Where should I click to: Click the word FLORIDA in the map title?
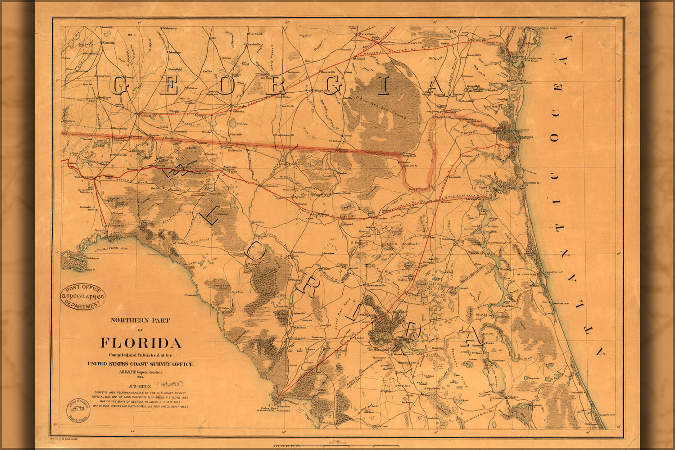[x=140, y=343]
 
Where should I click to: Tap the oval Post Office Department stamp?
[x=83, y=297]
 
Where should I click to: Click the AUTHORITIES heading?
[x=140, y=386]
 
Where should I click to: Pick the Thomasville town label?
[x=145, y=116]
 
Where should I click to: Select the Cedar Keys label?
[x=266, y=409]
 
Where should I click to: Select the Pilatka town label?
[x=481, y=315]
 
